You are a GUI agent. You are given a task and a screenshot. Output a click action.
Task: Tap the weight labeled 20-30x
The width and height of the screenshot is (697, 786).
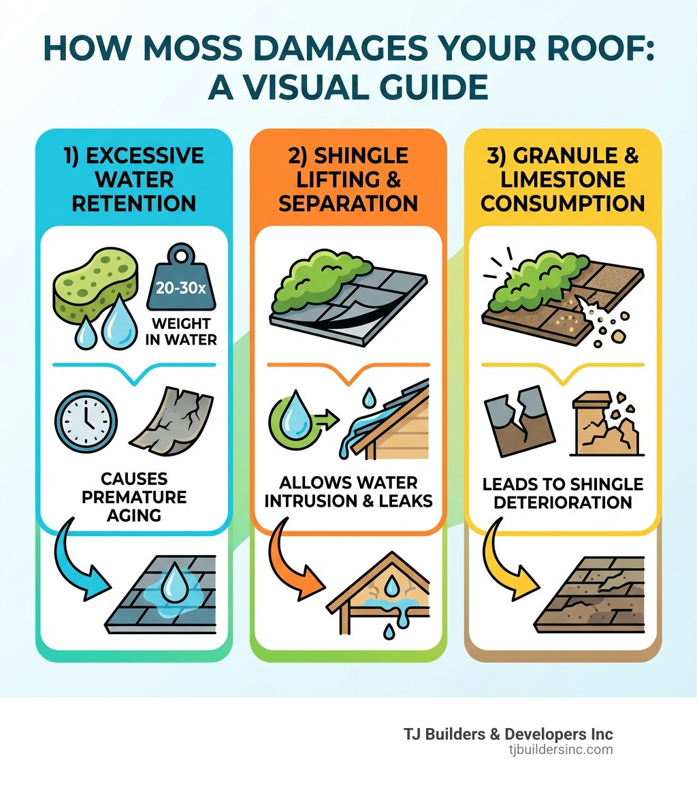coord(180,287)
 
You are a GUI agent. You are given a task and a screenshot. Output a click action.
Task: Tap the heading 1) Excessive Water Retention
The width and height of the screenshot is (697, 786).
coord(134,179)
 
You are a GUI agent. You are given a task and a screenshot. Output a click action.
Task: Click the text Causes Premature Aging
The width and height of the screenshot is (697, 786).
coord(133,495)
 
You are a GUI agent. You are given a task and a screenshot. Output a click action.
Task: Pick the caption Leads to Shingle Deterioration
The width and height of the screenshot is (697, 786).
coord(562,493)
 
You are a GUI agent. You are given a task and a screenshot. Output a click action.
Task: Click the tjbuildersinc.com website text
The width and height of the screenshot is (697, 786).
coord(560,750)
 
